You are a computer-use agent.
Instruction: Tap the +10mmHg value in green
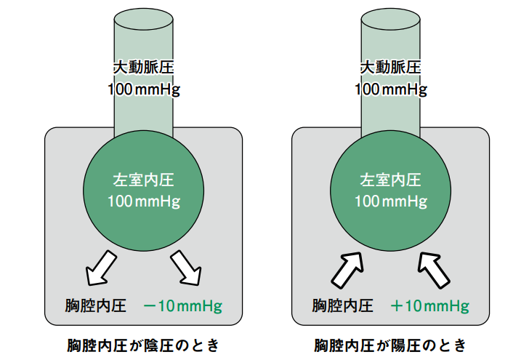[x=430, y=305]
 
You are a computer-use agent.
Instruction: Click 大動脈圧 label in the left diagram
[x=144, y=68]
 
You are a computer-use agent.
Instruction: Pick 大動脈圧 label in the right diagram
[x=392, y=68]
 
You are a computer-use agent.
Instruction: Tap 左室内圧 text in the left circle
[x=144, y=179]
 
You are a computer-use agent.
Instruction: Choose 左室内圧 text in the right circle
[x=392, y=179]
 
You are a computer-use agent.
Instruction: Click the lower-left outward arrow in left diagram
[x=100, y=268]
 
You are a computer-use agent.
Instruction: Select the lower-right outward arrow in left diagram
[x=187, y=268]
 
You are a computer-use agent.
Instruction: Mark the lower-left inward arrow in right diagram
[x=347, y=268]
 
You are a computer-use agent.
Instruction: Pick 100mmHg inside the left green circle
[x=144, y=201]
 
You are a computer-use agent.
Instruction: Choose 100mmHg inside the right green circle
[x=392, y=201]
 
